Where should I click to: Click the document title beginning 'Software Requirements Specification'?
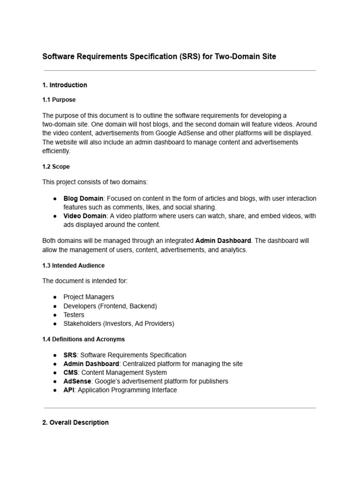click(159, 57)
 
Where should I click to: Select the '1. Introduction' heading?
click(65, 85)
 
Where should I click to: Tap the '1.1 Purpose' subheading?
click(59, 100)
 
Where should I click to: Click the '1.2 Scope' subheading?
click(56, 166)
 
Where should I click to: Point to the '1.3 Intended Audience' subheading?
click(74, 265)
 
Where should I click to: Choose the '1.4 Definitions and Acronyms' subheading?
click(83, 339)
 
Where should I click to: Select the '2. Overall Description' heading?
click(75, 422)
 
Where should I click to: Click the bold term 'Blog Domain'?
click(83, 198)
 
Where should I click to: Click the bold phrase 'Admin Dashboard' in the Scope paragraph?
click(223, 240)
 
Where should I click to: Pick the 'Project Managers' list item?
click(89, 297)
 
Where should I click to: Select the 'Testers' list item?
click(74, 315)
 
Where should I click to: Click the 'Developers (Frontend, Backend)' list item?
click(110, 306)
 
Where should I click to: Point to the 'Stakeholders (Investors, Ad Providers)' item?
click(119, 324)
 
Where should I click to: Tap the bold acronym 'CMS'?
click(70, 373)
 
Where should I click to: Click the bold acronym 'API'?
click(69, 390)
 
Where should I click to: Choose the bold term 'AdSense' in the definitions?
click(76, 382)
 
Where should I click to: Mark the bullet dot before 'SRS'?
click(55, 355)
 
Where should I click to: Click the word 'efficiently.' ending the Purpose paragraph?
click(56, 151)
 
